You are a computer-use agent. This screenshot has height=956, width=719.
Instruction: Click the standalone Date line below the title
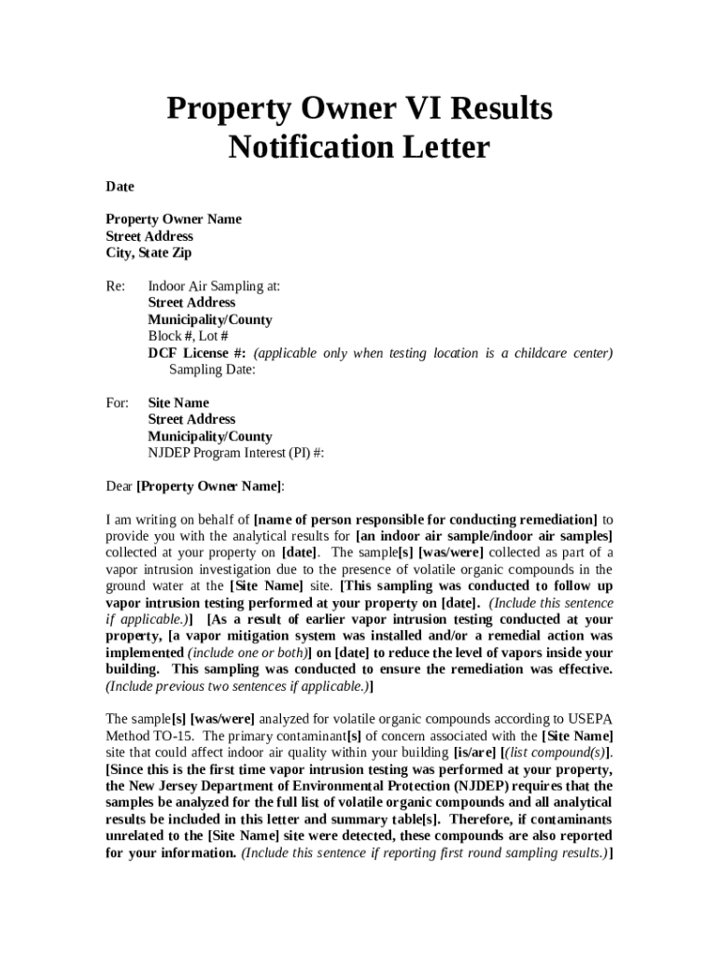point(120,187)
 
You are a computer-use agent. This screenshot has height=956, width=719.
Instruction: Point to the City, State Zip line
point(148,253)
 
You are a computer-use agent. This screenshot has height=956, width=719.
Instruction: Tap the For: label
point(117,403)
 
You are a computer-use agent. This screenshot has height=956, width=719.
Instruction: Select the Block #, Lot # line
point(188,336)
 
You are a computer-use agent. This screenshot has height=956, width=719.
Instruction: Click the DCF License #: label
point(197,353)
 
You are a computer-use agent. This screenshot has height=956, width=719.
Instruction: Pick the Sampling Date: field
point(212,370)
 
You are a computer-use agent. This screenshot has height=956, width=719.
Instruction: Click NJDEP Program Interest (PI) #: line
point(236,453)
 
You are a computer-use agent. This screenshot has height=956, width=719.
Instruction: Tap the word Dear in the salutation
point(119,486)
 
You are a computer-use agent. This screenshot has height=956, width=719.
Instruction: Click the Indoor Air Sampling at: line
point(214,287)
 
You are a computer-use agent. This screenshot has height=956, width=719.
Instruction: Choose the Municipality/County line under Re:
point(210,319)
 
